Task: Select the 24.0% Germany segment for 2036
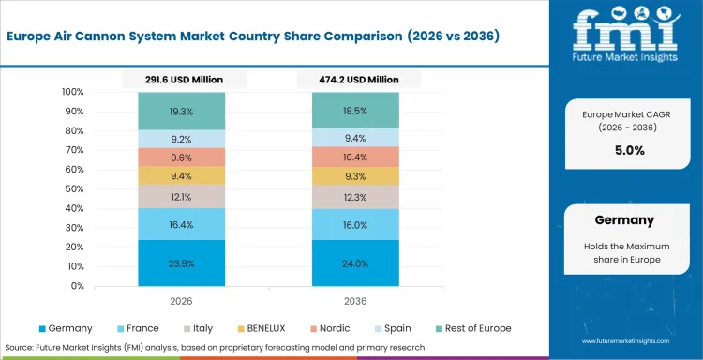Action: point(356,263)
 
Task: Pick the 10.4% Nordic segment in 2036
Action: point(356,157)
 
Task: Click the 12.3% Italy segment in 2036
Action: point(356,196)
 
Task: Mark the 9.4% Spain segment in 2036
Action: point(356,137)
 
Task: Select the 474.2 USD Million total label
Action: point(356,80)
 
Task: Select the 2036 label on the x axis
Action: point(356,303)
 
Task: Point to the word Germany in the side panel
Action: point(623,221)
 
